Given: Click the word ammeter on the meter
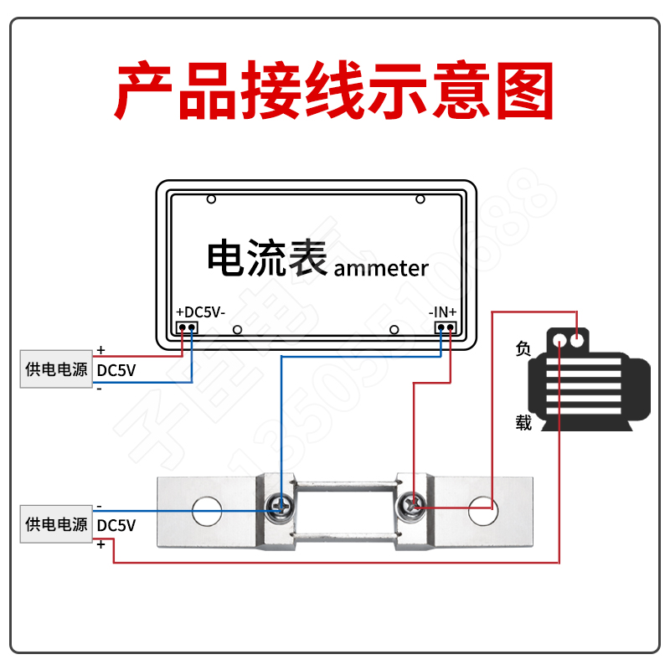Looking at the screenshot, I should point(381,268).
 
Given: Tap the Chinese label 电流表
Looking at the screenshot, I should point(267,257).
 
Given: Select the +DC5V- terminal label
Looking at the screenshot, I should point(200,312).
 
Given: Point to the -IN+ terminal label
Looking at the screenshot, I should point(443,312).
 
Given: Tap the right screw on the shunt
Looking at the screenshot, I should point(410,506).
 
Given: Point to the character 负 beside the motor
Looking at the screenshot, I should point(523,349).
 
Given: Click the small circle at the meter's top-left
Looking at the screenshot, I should point(211,199).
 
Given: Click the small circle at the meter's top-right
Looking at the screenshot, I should point(420,199).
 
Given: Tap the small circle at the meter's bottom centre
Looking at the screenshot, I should point(238,330).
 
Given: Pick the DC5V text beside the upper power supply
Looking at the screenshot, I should point(116,370).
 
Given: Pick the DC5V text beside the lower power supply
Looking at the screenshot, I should point(116,525).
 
